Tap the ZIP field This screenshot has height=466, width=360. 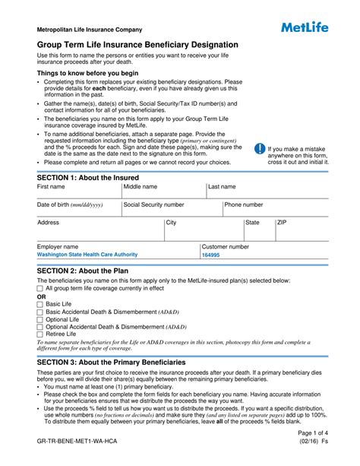coord(301,230)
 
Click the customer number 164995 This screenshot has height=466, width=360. coord(210,255)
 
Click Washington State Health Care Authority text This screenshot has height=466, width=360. coord(87,255)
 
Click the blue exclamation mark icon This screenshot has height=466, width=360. coord(260,149)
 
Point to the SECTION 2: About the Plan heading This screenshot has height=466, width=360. coord(83,271)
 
